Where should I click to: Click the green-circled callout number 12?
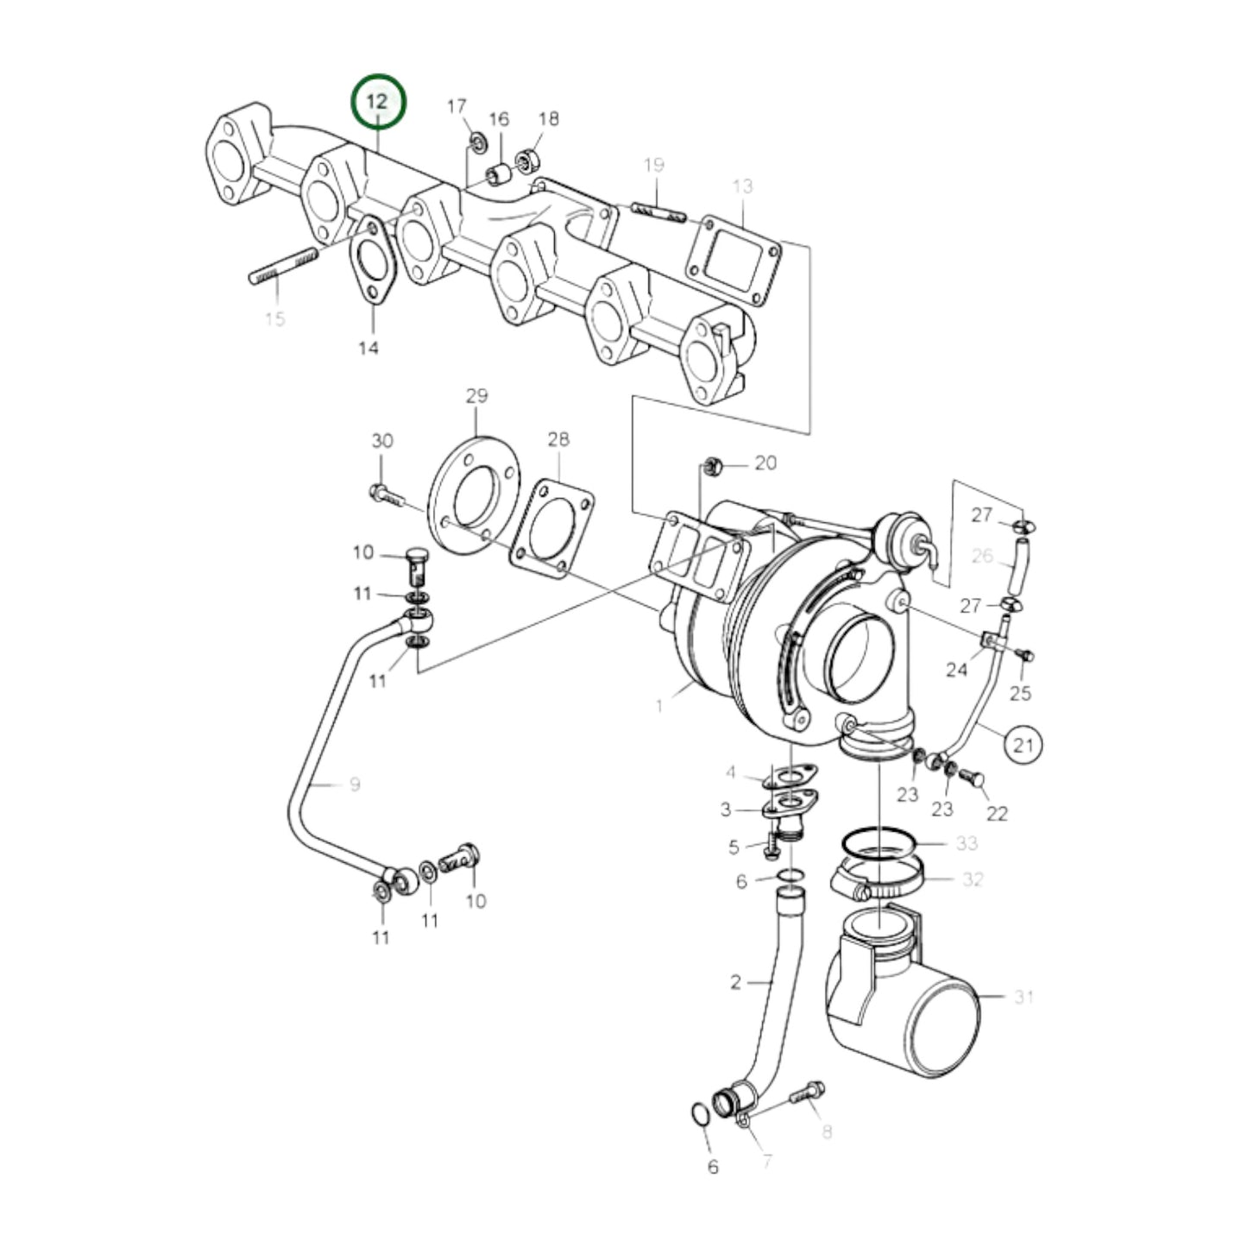pos(377,101)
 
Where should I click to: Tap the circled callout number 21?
pos(1023,743)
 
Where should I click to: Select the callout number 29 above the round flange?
pos(476,396)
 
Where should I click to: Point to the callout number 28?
pos(558,439)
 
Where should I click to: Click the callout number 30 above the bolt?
pos(382,441)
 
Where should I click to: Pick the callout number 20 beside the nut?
pos(765,463)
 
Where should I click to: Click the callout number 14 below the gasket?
pos(368,348)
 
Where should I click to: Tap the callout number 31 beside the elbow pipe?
pos(1023,997)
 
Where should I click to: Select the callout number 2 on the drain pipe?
pos(735,982)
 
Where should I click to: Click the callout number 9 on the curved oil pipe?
pos(355,784)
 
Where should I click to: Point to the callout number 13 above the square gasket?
pos(743,186)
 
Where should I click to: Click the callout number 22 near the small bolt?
pos(997,813)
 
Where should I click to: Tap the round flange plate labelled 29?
pos(475,492)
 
